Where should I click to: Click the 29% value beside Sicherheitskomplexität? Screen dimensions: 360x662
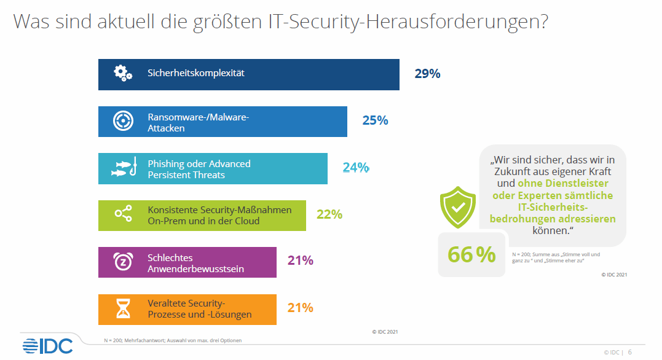427,74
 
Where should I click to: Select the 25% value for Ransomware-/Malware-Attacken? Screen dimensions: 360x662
375,121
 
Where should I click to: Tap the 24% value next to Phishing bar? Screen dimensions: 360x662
355,168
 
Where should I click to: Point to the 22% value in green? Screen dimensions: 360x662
329,214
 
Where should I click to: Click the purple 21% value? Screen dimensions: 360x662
301,260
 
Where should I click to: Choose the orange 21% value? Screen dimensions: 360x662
301,308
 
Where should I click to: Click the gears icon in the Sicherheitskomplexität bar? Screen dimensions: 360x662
123,73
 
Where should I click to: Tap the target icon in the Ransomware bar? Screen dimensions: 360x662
123,121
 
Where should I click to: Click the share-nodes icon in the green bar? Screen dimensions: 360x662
123,214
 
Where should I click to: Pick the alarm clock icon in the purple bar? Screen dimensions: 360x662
123,261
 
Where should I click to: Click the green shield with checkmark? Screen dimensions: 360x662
457,207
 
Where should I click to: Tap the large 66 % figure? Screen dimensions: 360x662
471,254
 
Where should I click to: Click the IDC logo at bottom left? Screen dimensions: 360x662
47,345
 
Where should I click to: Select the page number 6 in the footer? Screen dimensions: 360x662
630,352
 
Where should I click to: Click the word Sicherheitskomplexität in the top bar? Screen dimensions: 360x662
196,73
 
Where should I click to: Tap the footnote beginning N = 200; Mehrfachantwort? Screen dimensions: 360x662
171,340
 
